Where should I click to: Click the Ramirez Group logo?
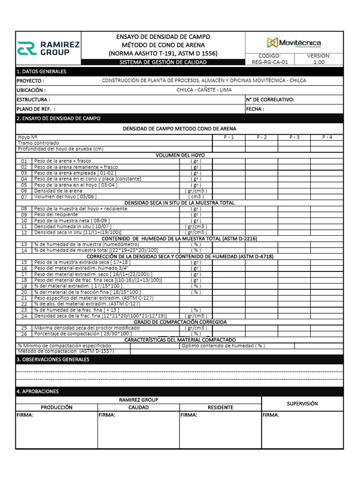pos(48,48)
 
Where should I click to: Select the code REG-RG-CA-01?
pos(270,61)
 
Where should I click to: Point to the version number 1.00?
pos(319,61)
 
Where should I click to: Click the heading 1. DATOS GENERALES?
pos(41,71)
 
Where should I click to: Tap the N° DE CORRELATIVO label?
pos(270,99)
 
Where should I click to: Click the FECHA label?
pos(255,109)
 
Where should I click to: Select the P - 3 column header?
pos(294,137)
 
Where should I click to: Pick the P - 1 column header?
pos(228,137)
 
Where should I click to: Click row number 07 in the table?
pos(24,197)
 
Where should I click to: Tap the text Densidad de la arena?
pos(58,191)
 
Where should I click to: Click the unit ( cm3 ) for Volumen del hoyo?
pos(196,197)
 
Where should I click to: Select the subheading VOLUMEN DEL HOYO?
pos(180,155)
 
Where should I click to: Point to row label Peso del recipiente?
pos(56,214)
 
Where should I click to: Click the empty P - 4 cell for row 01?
pos(327,161)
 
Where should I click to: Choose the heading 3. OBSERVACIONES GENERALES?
pos(52,359)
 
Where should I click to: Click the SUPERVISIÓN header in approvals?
pos(302,404)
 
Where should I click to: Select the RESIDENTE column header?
pos(220,407)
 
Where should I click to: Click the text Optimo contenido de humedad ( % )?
pos(223,346)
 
